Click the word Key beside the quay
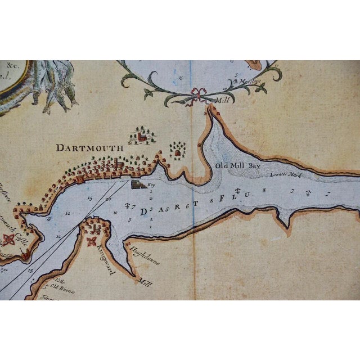pos(150,183)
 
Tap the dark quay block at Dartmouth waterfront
pos(137,184)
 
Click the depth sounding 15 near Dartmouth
pos(90,197)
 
